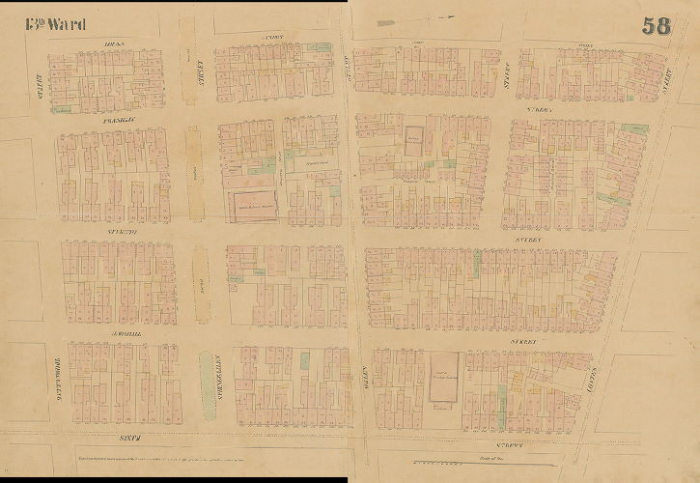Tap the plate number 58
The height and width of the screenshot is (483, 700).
[x=658, y=25]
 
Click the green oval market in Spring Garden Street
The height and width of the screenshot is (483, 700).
[x=206, y=383]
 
